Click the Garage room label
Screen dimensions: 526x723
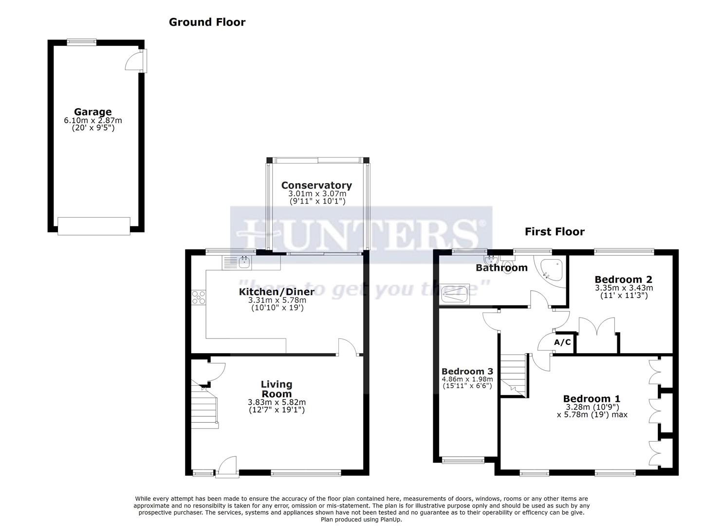tap(93, 112)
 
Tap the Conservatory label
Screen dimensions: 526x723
tap(316, 185)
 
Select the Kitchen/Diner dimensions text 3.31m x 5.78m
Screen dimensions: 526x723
tap(276, 301)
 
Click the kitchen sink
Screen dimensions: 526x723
tap(244, 263)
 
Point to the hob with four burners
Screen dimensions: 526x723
tap(199, 297)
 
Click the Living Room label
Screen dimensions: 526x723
tap(277, 389)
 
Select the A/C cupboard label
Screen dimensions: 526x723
tap(562, 342)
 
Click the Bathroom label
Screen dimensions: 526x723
tap(501, 267)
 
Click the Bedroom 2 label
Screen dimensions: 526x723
tap(623, 280)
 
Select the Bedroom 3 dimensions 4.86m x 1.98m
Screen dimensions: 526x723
tap(467, 379)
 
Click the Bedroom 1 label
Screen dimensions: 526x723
tap(592, 399)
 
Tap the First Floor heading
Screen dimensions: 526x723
tap(555, 232)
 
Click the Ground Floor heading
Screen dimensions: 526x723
tap(207, 22)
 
